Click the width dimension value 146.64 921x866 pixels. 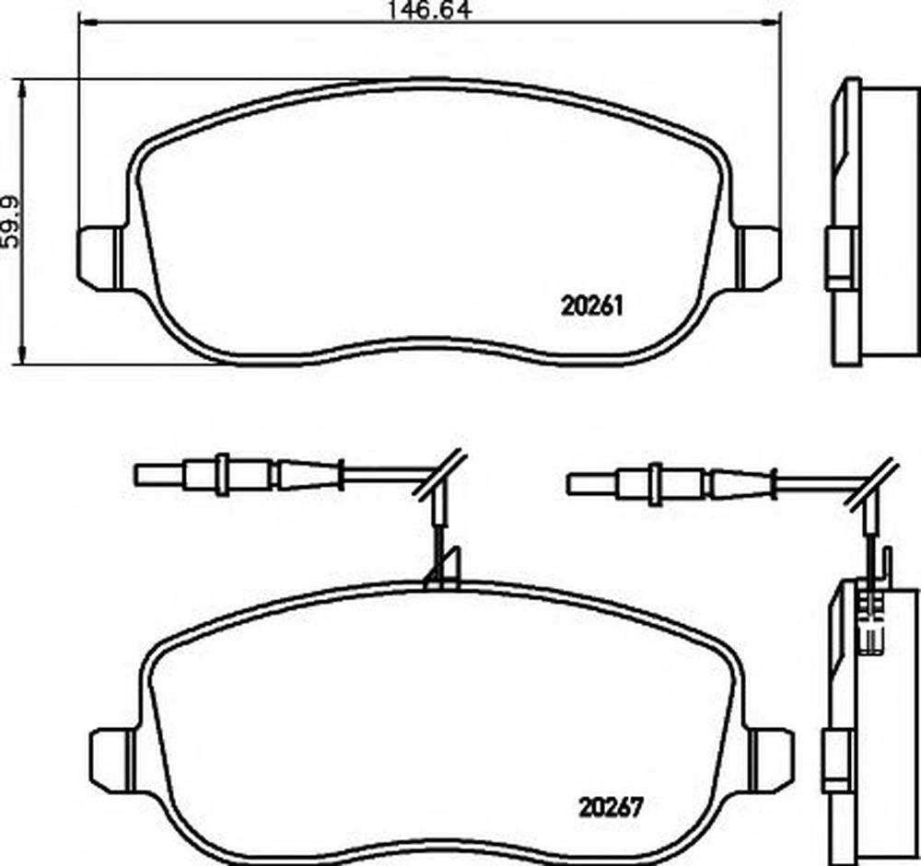point(429,10)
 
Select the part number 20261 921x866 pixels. point(591,306)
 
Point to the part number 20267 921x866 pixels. point(612,807)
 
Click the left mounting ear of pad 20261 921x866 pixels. point(99,259)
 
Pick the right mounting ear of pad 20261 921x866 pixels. point(760,259)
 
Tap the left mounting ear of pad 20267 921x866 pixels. point(112,761)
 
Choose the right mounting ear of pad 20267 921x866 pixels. point(772,761)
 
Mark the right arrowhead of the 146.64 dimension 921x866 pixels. point(772,22)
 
